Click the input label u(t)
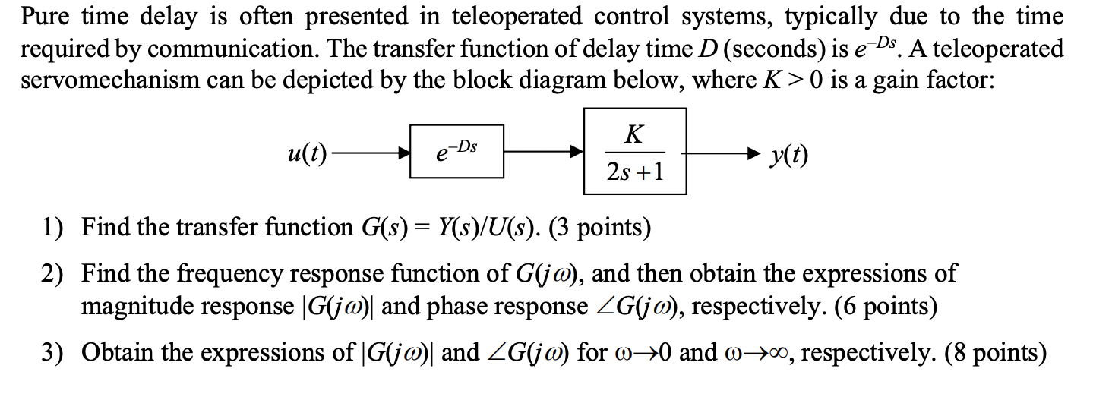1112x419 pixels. (307, 154)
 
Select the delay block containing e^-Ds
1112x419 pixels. (456, 151)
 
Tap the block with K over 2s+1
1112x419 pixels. (635, 151)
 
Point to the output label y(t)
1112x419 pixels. (788, 155)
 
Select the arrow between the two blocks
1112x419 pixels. (543, 153)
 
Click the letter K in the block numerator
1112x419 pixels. (634, 134)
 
